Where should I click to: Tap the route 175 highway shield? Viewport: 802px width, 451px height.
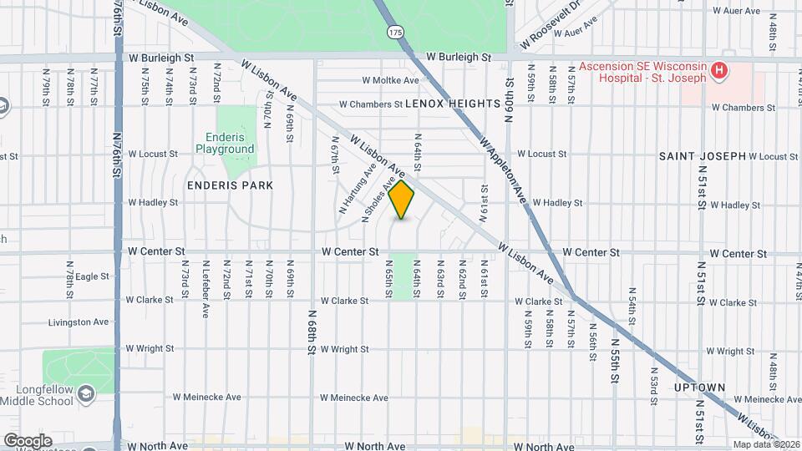coord(395,32)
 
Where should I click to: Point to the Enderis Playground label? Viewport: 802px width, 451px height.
coord(225,144)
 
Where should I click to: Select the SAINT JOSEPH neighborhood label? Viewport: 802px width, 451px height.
coord(702,156)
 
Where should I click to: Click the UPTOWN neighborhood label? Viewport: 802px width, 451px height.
coord(700,388)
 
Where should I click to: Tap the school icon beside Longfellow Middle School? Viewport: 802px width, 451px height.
coord(86,393)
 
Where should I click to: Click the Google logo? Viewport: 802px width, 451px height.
coord(28,440)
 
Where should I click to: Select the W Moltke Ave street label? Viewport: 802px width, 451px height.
coord(390,81)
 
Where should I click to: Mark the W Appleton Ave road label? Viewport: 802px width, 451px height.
coord(505,166)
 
